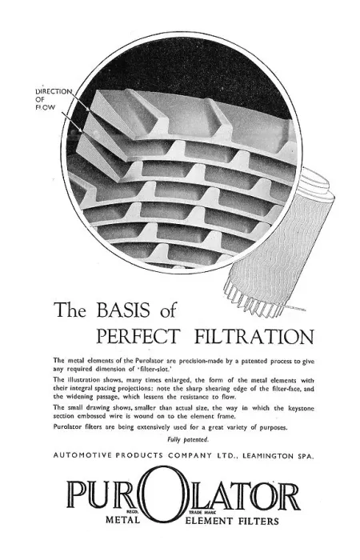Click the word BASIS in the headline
coord(123,310)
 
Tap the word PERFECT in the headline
coord(138,336)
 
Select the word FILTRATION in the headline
coord(254,336)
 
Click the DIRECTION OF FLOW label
coord(54,99)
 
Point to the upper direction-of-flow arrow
coord(79,101)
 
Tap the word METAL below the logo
coord(122,520)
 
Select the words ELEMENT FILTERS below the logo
coord(232,521)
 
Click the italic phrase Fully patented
coord(188,440)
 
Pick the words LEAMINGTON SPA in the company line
coord(278,456)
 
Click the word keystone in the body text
coord(301,408)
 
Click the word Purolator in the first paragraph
coord(149,361)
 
